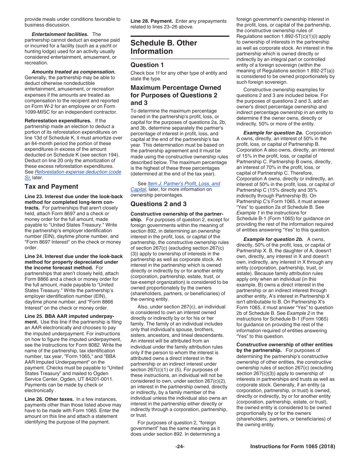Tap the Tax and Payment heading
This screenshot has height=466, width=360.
point(51,186)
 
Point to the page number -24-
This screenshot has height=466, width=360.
point(180,447)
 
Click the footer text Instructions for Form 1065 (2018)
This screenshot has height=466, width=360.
point(293,447)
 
